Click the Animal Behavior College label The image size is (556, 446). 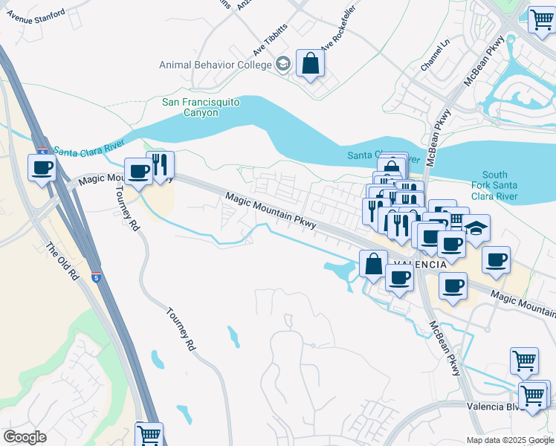215,65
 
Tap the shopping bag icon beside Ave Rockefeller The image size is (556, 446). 310,62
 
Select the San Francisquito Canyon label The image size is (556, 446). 201,107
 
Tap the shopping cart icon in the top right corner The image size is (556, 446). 541,19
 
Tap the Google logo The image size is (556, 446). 25,437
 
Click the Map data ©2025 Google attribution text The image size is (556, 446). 510,440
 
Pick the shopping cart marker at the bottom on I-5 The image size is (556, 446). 149,433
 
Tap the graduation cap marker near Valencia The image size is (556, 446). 476,227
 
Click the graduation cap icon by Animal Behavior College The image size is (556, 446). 282,65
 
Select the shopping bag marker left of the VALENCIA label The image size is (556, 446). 373,263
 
